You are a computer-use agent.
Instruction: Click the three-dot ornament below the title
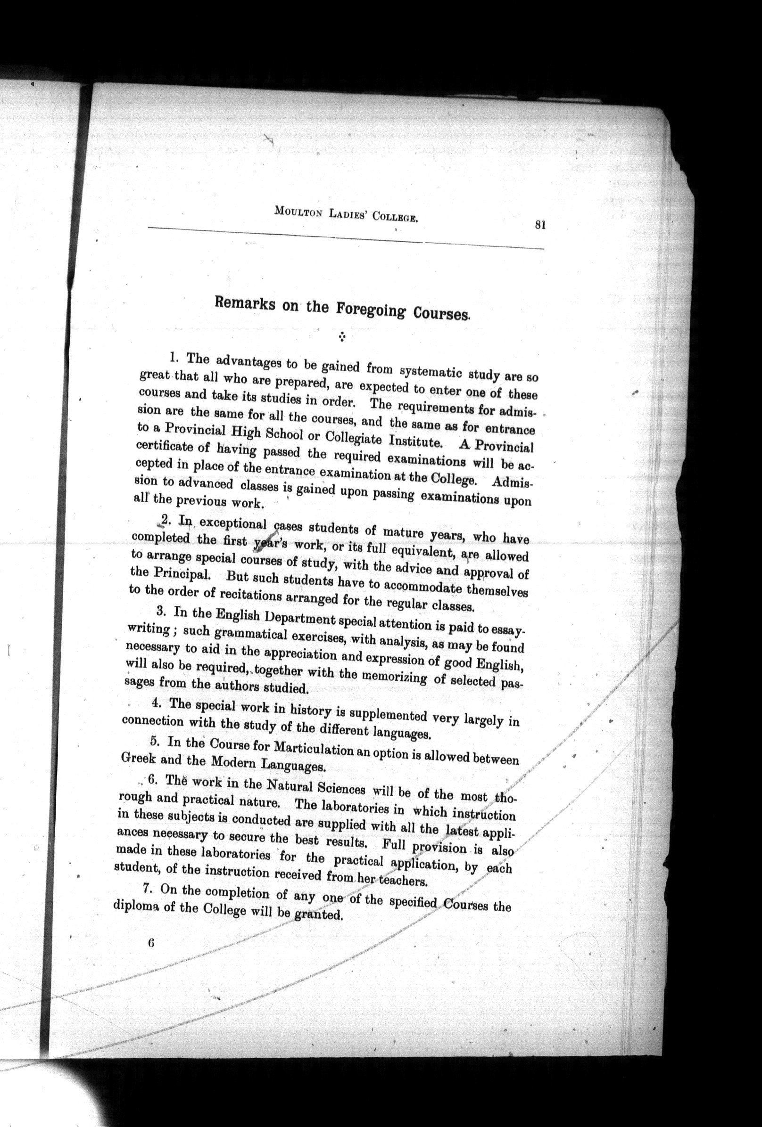click(x=342, y=336)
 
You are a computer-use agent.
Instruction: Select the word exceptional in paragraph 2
click(x=233, y=524)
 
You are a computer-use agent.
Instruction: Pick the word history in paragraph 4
click(x=311, y=710)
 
